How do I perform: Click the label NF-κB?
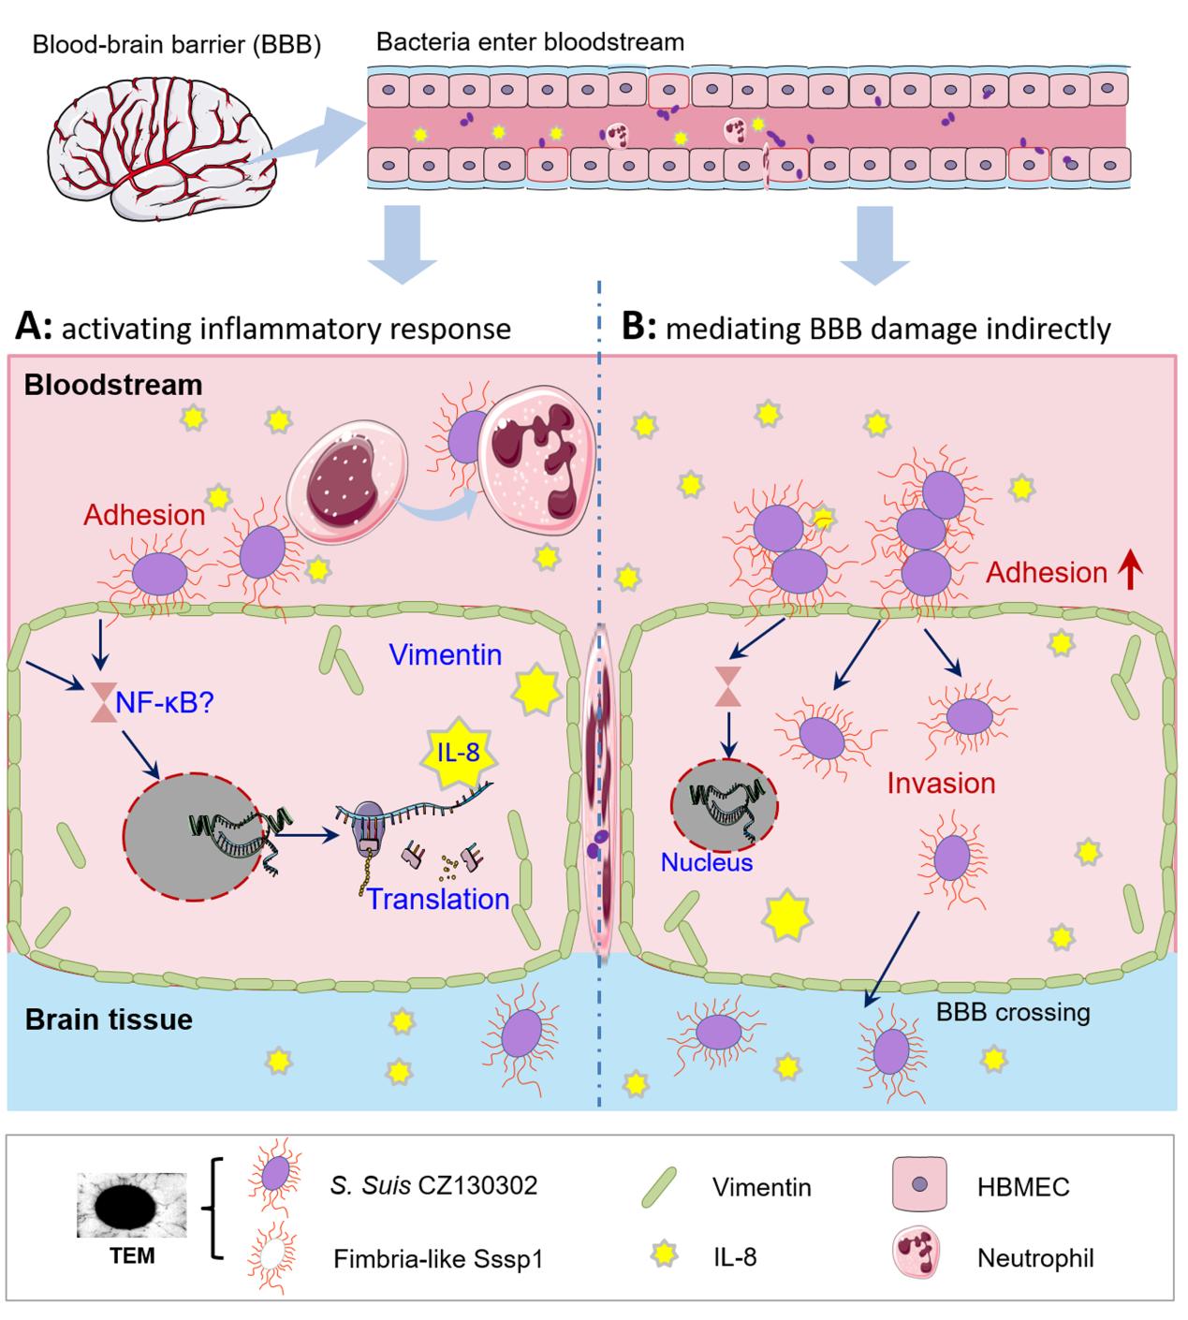click(164, 701)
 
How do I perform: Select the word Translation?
click(437, 899)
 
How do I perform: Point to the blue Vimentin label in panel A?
click(445, 653)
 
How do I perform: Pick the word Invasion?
click(940, 783)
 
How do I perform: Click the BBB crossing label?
click(1013, 1012)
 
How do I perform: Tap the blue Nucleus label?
click(707, 861)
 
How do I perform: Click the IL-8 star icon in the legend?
click(664, 1254)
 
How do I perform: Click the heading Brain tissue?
click(109, 1019)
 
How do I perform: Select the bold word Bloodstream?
click(113, 385)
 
